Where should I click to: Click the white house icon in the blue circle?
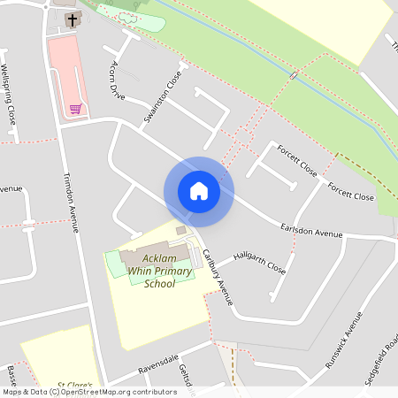tap(199, 191)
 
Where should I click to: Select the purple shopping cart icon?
tap(76, 109)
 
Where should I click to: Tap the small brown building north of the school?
tap(181, 231)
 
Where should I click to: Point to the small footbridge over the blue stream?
tap(293, 76)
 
